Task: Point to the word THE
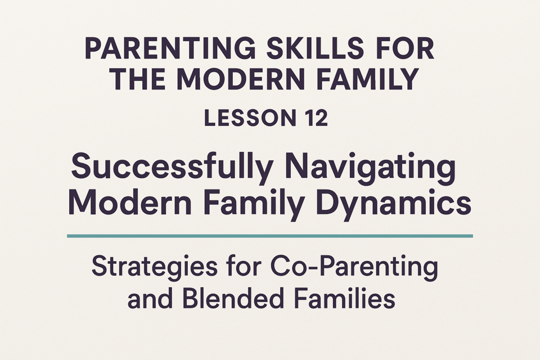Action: coord(140,79)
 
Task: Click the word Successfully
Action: coord(172,167)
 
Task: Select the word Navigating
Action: coord(371,167)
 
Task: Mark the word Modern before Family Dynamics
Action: coord(130,202)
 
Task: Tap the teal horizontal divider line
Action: coord(270,236)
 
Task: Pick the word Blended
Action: coord(233,298)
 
